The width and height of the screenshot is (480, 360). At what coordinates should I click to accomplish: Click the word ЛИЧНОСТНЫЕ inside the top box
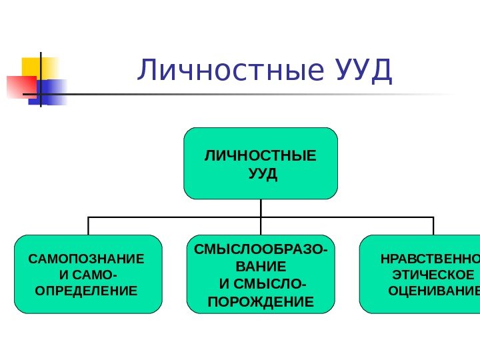tap(261, 157)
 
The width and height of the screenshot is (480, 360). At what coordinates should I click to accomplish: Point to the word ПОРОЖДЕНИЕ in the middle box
tap(261, 302)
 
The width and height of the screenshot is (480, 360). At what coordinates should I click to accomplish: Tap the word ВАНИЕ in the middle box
tap(261, 267)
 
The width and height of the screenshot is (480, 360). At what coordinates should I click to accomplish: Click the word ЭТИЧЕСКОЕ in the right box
tap(434, 275)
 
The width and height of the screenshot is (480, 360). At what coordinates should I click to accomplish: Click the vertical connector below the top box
tap(261, 208)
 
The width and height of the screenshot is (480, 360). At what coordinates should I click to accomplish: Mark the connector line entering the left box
tap(88, 225)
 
